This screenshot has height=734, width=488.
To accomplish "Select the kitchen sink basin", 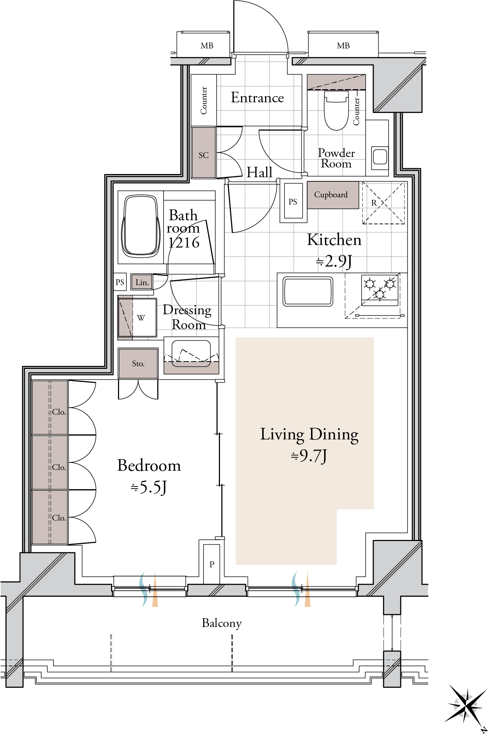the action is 308,291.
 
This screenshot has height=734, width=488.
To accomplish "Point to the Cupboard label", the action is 331,195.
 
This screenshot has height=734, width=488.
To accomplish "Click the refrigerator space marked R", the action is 383,203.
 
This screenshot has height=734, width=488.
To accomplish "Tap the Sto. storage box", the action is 138,363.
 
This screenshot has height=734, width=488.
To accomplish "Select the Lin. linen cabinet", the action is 142,282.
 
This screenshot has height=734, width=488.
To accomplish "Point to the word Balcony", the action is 222,623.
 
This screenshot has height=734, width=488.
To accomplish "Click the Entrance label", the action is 257,98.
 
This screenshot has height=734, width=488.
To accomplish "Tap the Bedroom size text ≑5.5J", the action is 149,487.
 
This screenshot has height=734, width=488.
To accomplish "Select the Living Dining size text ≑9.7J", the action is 309,456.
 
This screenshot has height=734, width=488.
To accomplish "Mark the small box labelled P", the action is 212,564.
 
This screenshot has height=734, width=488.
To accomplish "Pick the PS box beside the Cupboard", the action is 293,201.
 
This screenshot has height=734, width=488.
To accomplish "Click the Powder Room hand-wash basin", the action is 380,158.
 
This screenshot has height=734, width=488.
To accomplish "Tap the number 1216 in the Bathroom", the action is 184,242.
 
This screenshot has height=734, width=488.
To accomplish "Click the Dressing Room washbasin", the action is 191,353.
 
